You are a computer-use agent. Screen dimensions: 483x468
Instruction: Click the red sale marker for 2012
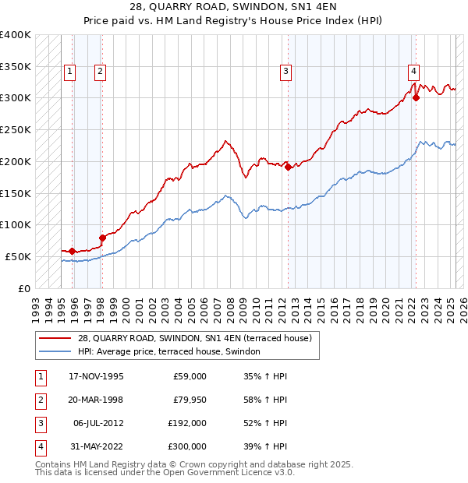pyautogui.click(x=288, y=166)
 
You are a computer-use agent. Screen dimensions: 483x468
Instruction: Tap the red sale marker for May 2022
pyautogui.click(x=416, y=97)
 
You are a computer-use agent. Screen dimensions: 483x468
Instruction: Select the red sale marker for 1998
pyautogui.click(x=102, y=238)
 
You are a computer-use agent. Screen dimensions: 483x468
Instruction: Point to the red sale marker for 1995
pyautogui.click(x=72, y=251)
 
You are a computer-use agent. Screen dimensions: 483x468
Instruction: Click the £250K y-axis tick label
pyautogui.click(x=15, y=129)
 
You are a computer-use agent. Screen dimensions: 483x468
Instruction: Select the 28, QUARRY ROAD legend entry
pyautogui.click(x=194, y=338)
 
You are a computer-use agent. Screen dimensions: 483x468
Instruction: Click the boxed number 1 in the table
pyautogui.click(x=40, y=376)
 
